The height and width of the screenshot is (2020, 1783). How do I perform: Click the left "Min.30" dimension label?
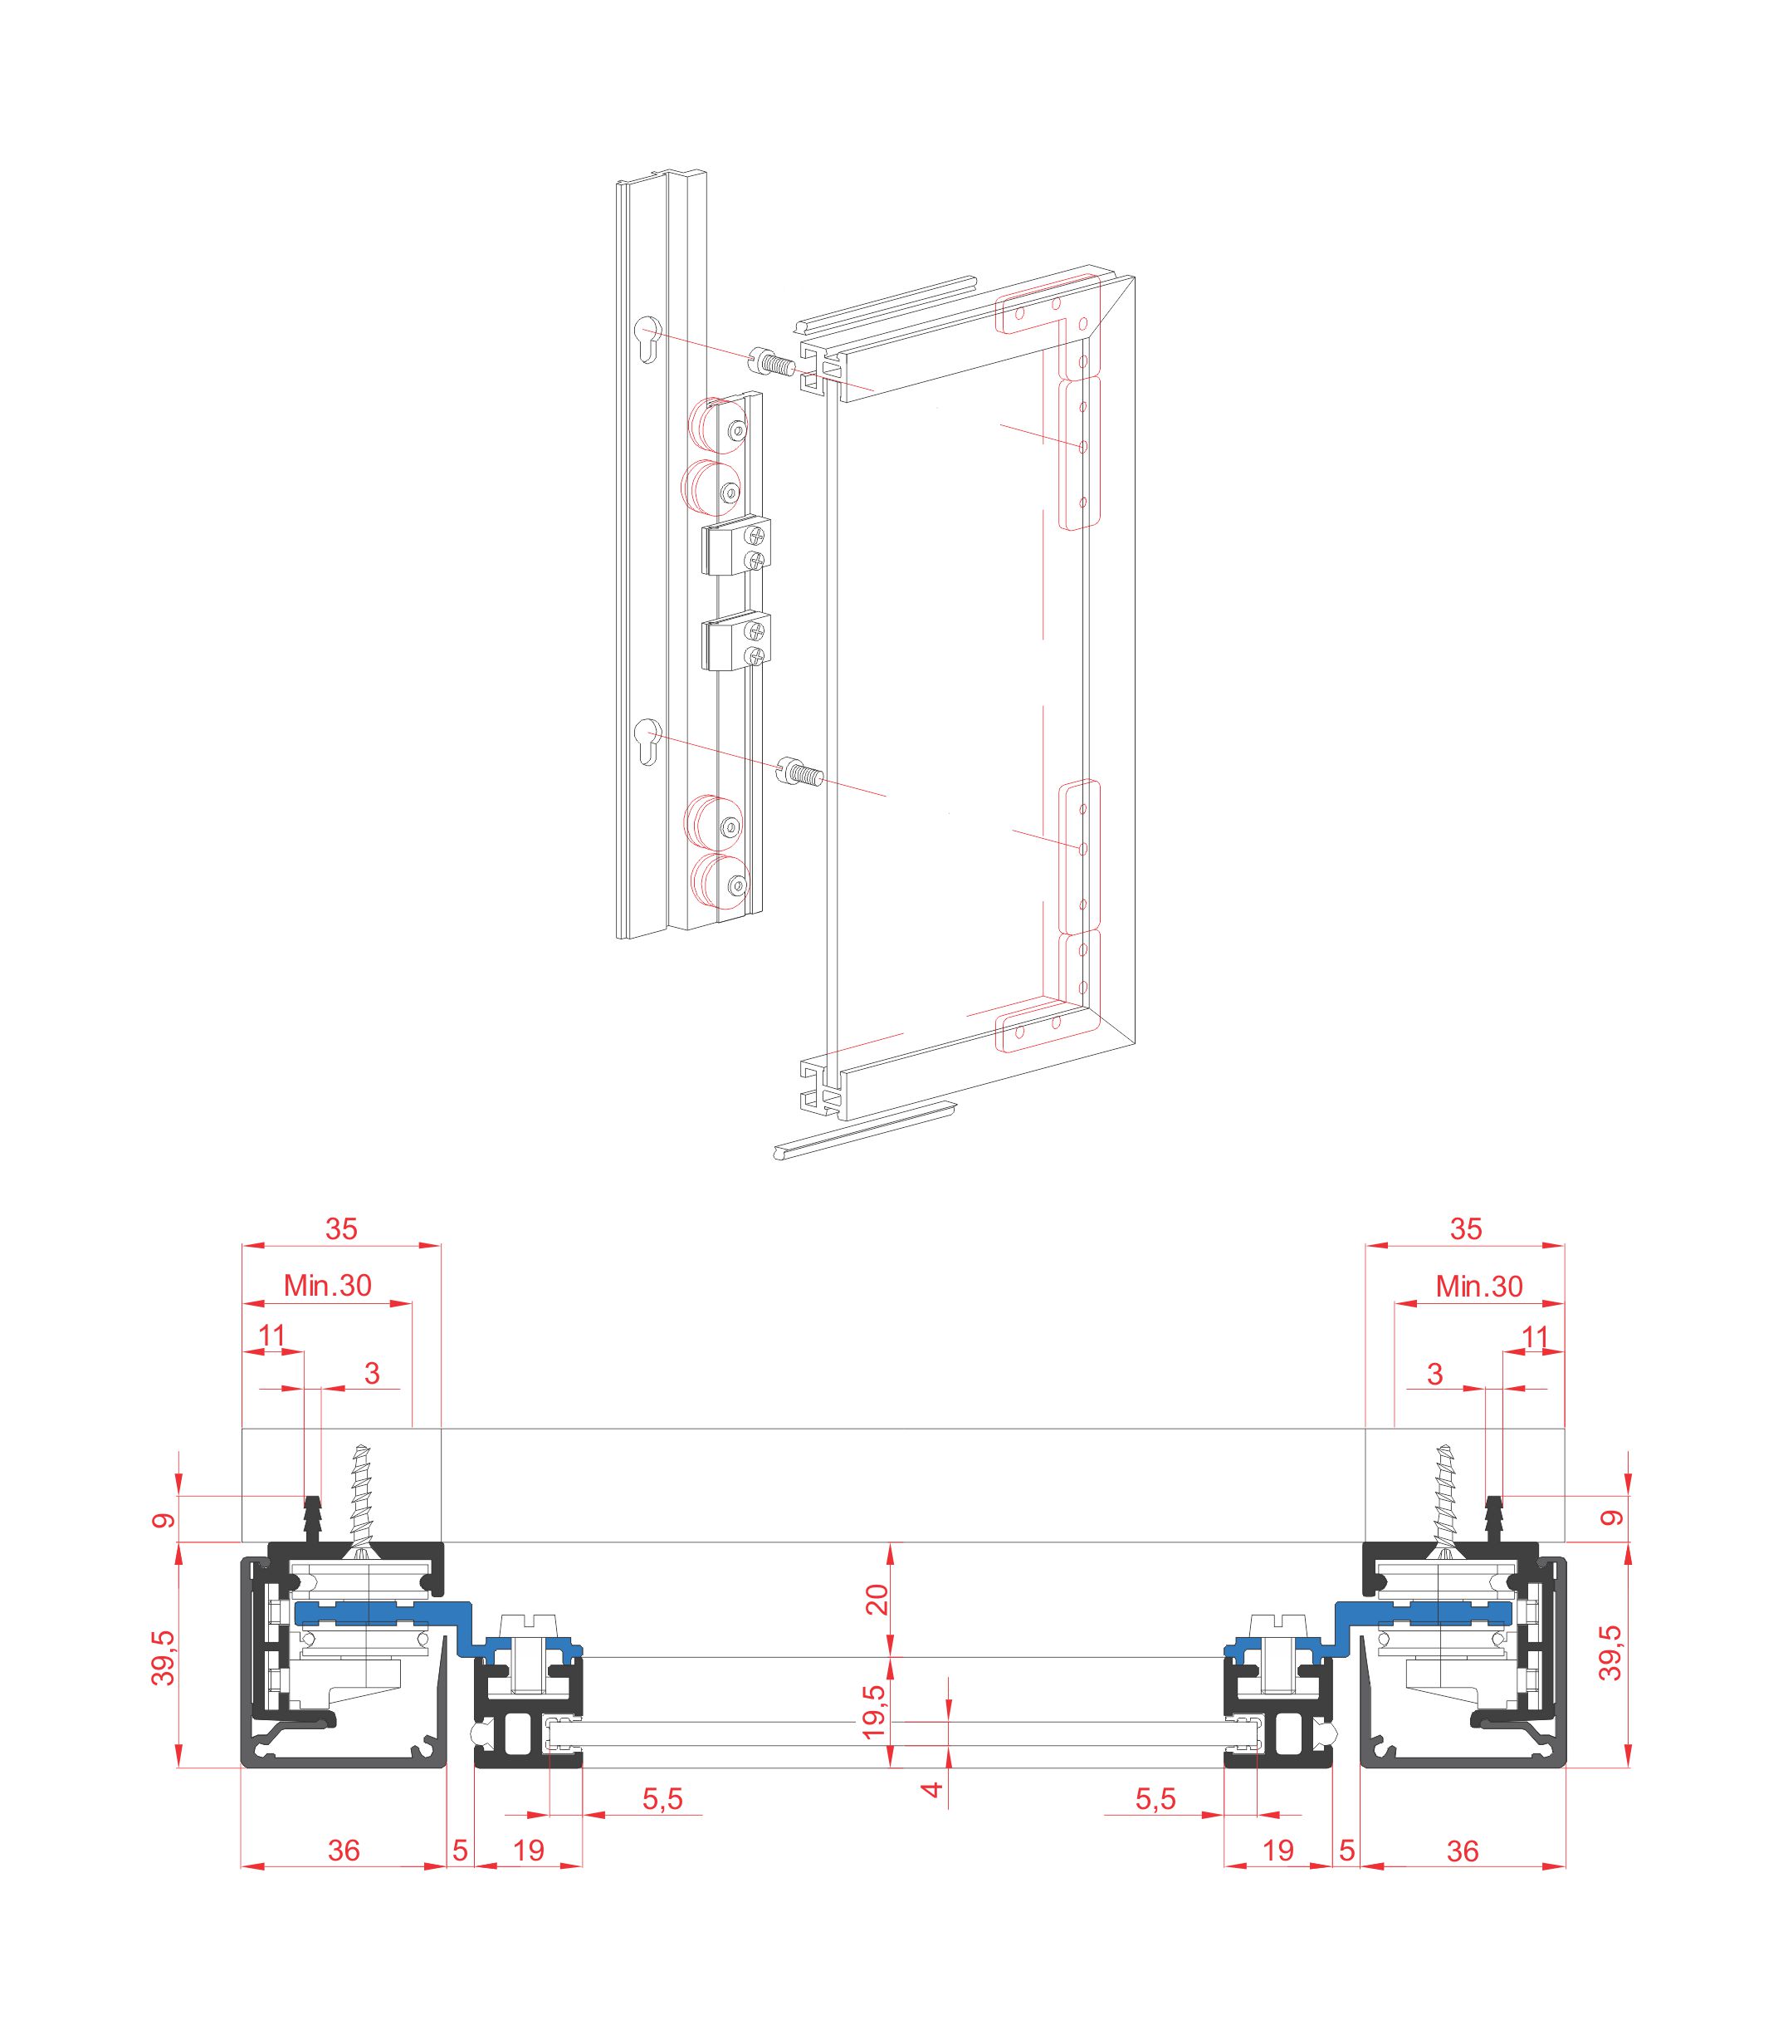327,1286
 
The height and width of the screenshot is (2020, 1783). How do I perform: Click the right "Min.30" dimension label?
1478,1286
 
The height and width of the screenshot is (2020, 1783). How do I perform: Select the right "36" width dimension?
1462,1850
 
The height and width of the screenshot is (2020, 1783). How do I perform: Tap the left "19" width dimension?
530,1850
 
